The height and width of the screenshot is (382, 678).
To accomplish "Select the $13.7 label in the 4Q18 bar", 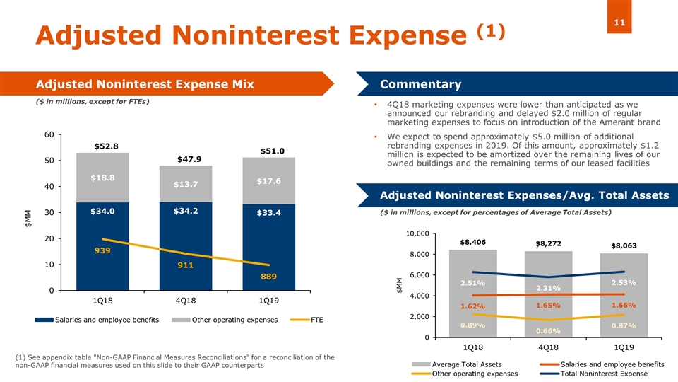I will click(x=185, y=185).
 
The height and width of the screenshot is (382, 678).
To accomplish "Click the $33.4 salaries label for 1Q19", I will click(x=269, y=212).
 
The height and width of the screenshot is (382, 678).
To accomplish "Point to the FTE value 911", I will click(x=185, y=267).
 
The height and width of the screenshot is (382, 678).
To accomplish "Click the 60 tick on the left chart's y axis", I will click(x=48, y=134).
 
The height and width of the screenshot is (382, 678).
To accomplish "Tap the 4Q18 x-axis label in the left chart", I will click(x=185, y=301).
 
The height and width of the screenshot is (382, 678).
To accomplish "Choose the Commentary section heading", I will click(x=421, y=85).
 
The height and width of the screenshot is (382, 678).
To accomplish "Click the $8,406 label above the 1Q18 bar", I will click(x=472, y=242).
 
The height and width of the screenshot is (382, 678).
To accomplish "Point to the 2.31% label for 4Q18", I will click(x=548, y=288).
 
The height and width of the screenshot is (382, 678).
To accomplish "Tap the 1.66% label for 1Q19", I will click(x=624, y=305).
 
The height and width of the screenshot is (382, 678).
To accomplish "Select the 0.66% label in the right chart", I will click(x=548, y=330).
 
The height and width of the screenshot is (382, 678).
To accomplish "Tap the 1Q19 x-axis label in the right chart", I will click(x=624, y=347).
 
